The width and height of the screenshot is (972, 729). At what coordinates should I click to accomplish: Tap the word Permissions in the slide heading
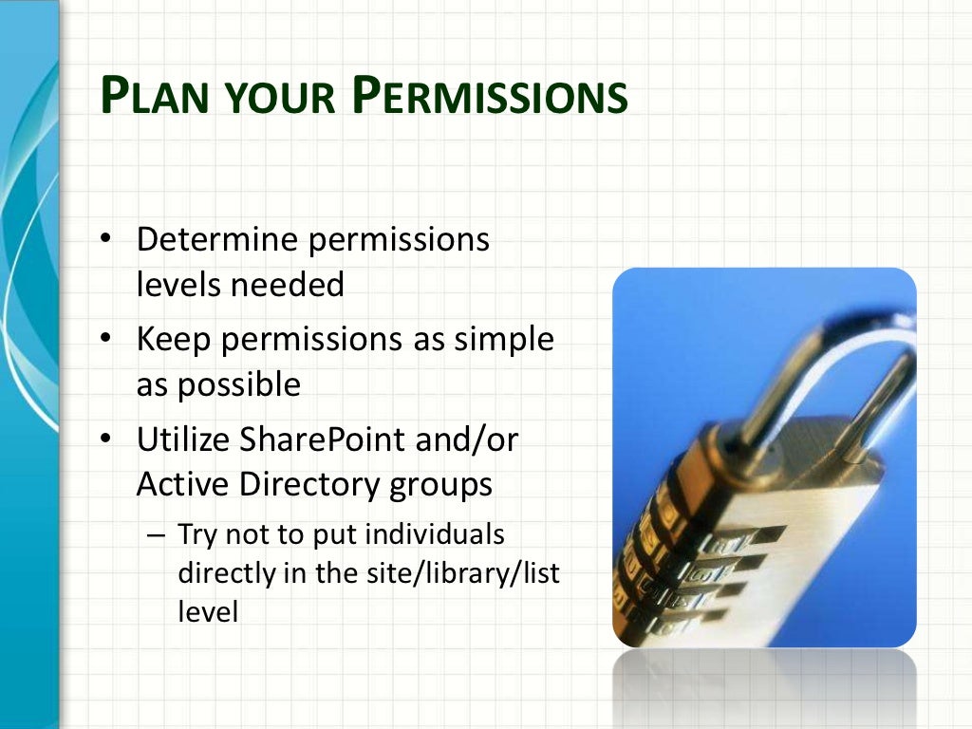489,98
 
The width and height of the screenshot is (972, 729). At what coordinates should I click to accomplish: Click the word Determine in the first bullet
217,240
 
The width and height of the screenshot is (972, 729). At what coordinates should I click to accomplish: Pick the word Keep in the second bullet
171,340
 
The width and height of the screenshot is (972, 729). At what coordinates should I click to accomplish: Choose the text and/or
473,439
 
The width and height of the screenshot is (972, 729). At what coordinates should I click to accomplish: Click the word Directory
305,485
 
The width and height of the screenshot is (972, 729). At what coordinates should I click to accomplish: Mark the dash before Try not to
157,535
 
